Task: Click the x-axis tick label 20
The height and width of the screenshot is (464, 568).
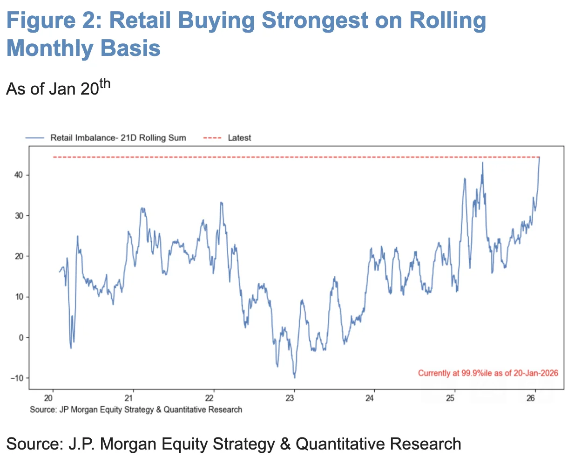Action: click(48, 398)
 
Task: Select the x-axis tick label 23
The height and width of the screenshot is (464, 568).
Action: click(290, 398)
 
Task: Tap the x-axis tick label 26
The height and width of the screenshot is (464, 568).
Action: click(531, 398)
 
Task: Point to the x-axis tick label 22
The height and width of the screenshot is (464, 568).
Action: click(209, 398)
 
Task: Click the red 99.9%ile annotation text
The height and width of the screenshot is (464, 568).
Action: click(487, 373)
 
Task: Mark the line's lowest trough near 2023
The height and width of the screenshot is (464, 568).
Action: click(294, 377)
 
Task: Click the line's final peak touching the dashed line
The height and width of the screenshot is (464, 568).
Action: click(539, 158)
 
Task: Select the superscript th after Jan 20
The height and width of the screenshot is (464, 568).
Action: click(105, 84)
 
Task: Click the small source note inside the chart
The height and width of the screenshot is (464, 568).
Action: click(136, 409)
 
